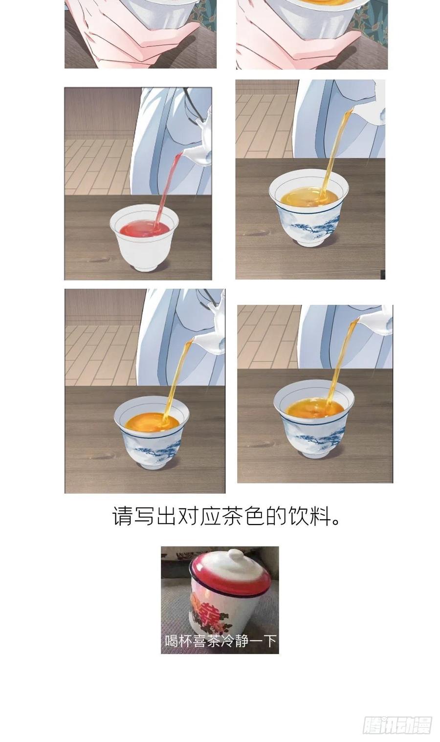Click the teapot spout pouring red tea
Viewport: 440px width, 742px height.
(x=196, y=156)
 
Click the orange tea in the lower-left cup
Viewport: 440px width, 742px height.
(x=152, y=423)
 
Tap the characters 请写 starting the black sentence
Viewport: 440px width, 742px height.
(x=133, y=516)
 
